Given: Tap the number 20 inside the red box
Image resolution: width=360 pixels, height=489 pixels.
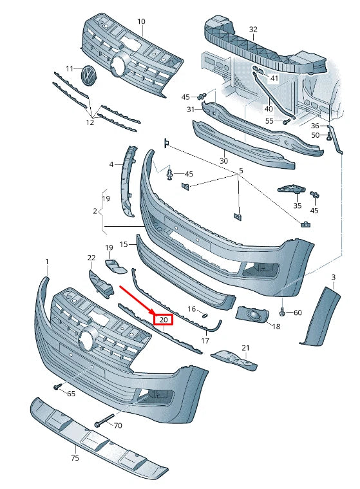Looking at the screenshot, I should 163,319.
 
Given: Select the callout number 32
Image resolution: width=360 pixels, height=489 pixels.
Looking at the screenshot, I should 253,30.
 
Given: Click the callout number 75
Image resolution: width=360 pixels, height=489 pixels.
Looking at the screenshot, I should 75,458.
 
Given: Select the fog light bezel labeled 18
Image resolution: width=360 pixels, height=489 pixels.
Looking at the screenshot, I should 252,315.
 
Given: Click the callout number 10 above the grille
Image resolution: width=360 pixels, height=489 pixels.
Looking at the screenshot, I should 141,21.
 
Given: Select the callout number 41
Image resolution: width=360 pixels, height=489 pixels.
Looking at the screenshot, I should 274,78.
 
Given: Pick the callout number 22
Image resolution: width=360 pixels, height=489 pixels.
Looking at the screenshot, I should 91,258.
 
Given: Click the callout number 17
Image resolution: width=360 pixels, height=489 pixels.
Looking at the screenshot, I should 205,340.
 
